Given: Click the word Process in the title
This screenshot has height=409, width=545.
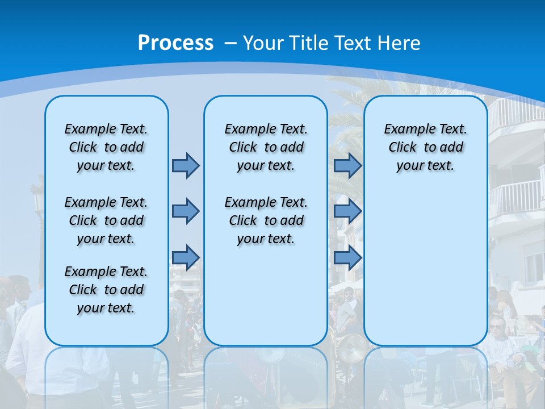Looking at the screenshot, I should [175, 43].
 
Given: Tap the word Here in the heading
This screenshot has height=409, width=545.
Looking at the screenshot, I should [400, 43].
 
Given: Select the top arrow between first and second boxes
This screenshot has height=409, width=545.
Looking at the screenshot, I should [186, 165].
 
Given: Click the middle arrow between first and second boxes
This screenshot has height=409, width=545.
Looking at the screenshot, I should [186, 211].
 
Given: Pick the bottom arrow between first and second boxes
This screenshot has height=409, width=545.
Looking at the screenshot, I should [186, 257].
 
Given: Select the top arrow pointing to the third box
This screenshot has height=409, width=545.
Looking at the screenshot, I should [347, 165].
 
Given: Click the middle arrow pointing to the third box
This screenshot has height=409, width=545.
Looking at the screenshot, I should [347, 211].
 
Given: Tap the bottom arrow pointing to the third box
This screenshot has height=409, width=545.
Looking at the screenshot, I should [347, 257].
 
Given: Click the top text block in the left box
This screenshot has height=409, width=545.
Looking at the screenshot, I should [106, 147].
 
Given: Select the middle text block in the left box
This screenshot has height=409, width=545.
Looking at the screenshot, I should [106, 220].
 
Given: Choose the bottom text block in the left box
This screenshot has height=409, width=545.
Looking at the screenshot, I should [106, 290].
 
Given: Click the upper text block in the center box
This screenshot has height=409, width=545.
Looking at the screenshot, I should [266, 147].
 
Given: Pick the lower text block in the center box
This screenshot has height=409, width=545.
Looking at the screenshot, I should [266, 220].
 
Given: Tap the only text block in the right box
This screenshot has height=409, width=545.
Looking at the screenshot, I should [425, 147].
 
